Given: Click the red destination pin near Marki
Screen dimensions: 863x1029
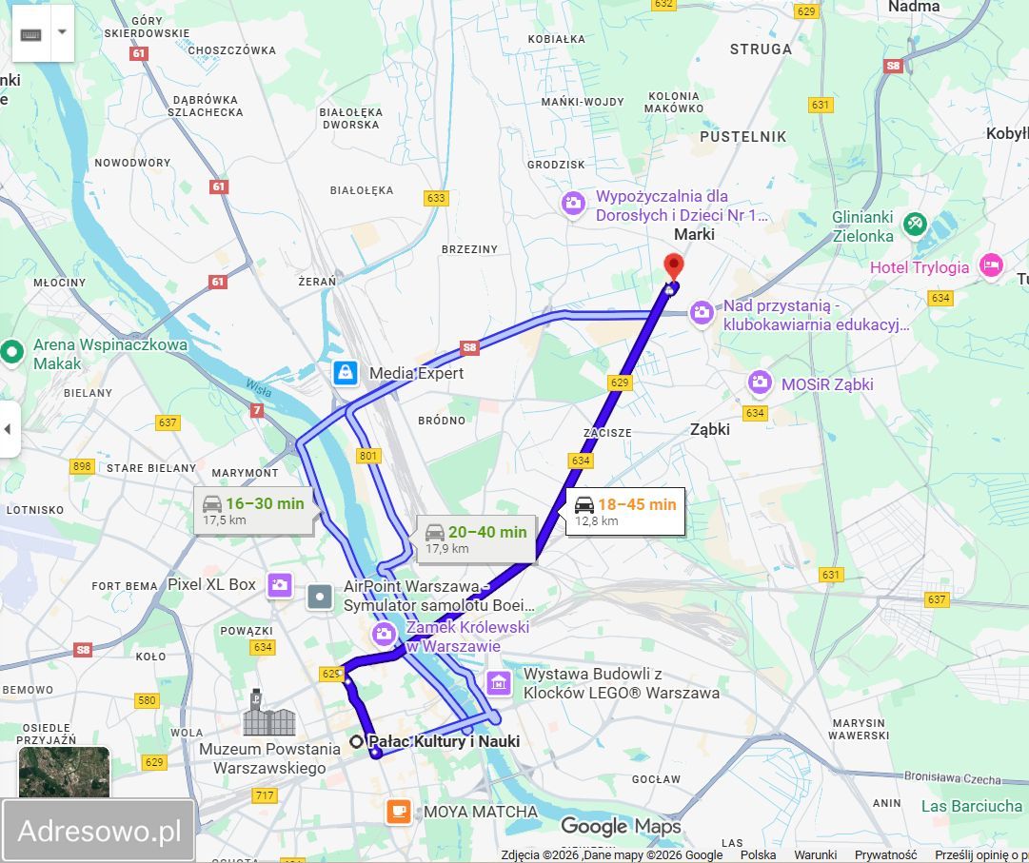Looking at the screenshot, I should point(674,265).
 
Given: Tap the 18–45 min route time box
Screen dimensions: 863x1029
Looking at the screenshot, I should point(624,512).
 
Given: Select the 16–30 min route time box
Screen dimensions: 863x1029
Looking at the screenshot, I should point(253,511).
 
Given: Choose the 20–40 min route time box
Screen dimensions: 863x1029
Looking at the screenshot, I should point(476,539).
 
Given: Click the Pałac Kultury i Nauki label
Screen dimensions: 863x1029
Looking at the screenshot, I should point(444,741).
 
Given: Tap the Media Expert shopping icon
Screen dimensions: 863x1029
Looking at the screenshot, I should point(345,373).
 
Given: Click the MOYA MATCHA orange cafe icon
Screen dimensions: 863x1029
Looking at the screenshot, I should point(398,812).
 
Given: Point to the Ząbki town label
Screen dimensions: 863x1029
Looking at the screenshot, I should point(709,429).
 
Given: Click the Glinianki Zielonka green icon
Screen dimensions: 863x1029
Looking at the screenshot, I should point(915,224).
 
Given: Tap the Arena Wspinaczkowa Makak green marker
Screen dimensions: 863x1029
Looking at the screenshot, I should point(11,352).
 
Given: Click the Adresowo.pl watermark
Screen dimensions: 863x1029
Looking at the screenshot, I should point(99,831).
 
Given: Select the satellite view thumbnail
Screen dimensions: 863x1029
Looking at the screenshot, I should point(64,772).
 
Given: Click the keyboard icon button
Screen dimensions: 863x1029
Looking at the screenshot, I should point(31,33).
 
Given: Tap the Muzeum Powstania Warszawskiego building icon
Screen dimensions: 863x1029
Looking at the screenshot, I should point(268,715).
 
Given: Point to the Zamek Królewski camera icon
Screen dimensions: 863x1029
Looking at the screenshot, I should point(384,633).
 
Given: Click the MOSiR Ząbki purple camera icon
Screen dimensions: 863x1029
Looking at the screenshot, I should point(759,382).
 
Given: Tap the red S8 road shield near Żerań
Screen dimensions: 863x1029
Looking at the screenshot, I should point(468,347).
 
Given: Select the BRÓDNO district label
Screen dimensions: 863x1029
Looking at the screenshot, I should point(442,421).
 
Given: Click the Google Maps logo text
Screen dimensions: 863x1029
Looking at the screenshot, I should point(621,826).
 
